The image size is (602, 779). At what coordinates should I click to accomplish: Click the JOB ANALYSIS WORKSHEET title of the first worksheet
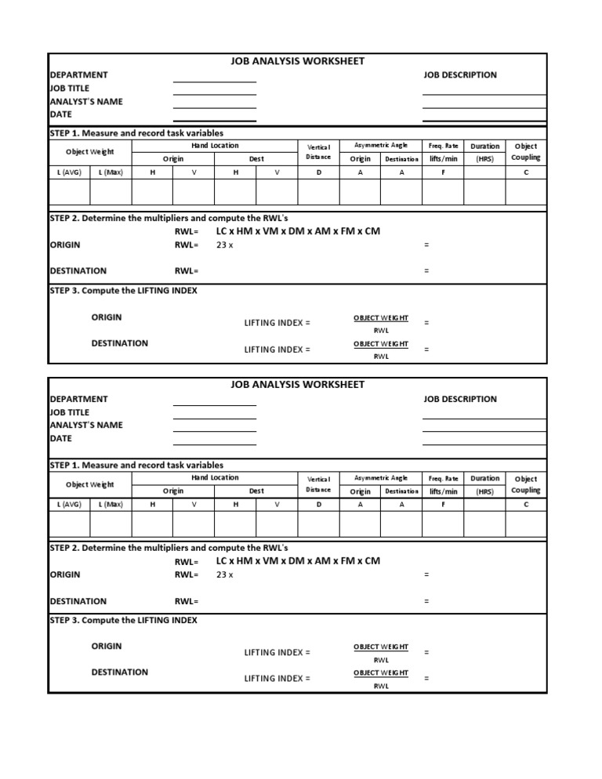(x=297, y=61)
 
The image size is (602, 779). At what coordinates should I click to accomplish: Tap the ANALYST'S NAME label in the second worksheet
(x=86, y=426)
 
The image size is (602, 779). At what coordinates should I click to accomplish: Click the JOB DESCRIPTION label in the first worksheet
(x=460, y=75)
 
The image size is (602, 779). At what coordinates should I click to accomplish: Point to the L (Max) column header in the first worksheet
(x=111, y=172)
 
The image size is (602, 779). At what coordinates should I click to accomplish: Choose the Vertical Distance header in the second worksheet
(x=318, y=484)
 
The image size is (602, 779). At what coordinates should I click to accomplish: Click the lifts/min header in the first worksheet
(x=443, y=159)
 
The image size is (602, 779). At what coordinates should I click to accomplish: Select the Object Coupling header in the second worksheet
(x=525, y=484)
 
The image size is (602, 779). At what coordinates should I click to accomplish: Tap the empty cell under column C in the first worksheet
(x=526, y=191)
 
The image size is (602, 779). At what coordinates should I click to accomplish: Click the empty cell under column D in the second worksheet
(x=318, y=523)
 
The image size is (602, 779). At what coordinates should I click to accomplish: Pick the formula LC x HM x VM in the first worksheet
(x=297, y=232)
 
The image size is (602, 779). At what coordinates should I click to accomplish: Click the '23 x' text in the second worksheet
(x=224, y=575)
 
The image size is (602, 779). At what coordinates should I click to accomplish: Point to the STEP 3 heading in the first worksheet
(x=123, y=291)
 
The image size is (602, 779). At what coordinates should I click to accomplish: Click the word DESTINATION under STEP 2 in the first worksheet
(x=78, y=271)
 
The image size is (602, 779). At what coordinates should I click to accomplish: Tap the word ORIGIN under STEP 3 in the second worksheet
(x=107, y=647)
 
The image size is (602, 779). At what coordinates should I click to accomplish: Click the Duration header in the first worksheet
(x=484, y=147)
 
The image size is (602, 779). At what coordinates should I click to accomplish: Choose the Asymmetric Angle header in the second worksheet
(x=381, y=477)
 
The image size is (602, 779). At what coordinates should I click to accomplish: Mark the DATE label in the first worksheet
(x=61, y=114)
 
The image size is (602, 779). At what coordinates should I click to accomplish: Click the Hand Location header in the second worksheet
(x=215, y=477)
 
